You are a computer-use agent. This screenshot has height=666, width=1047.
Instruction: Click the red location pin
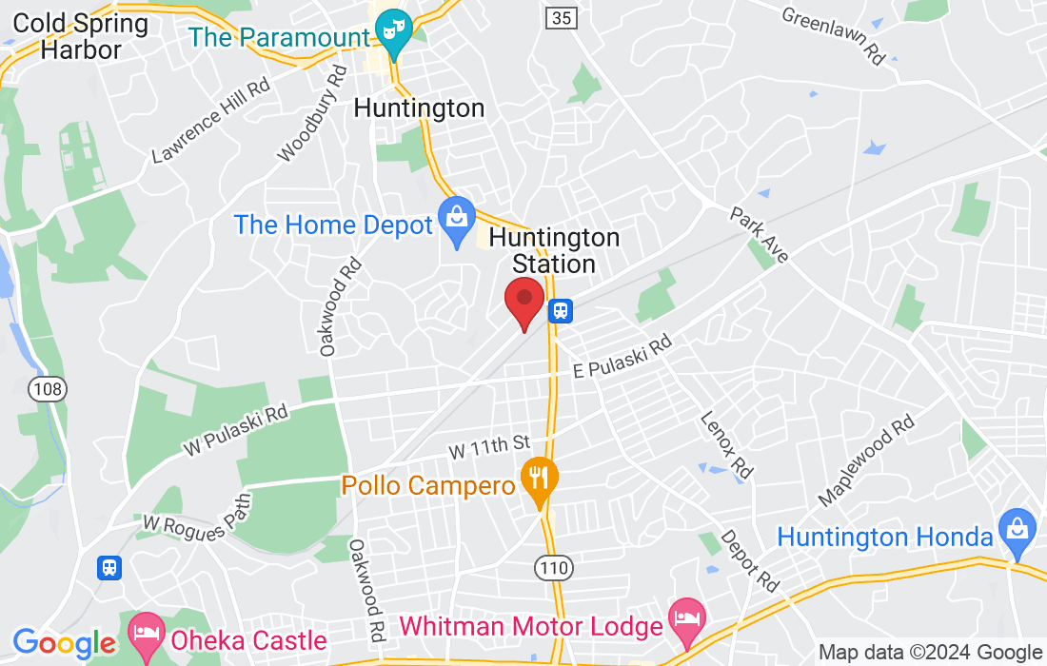[523, 301]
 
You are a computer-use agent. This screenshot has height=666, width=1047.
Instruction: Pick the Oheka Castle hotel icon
[147, 632]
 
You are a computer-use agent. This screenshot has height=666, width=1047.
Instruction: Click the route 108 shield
[47, 388]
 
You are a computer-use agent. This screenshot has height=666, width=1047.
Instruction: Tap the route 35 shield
[561, 17]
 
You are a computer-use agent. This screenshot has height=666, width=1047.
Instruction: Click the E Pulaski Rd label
[622, 358]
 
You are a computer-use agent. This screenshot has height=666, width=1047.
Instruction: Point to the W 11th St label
[488, 443]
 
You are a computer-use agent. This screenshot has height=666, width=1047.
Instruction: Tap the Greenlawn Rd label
[834, 35]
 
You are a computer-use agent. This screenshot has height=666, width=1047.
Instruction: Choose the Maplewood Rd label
[866, 460]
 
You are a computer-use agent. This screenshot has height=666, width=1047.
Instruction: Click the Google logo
[65, 643]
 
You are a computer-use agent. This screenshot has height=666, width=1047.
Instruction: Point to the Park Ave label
[760, 234]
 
